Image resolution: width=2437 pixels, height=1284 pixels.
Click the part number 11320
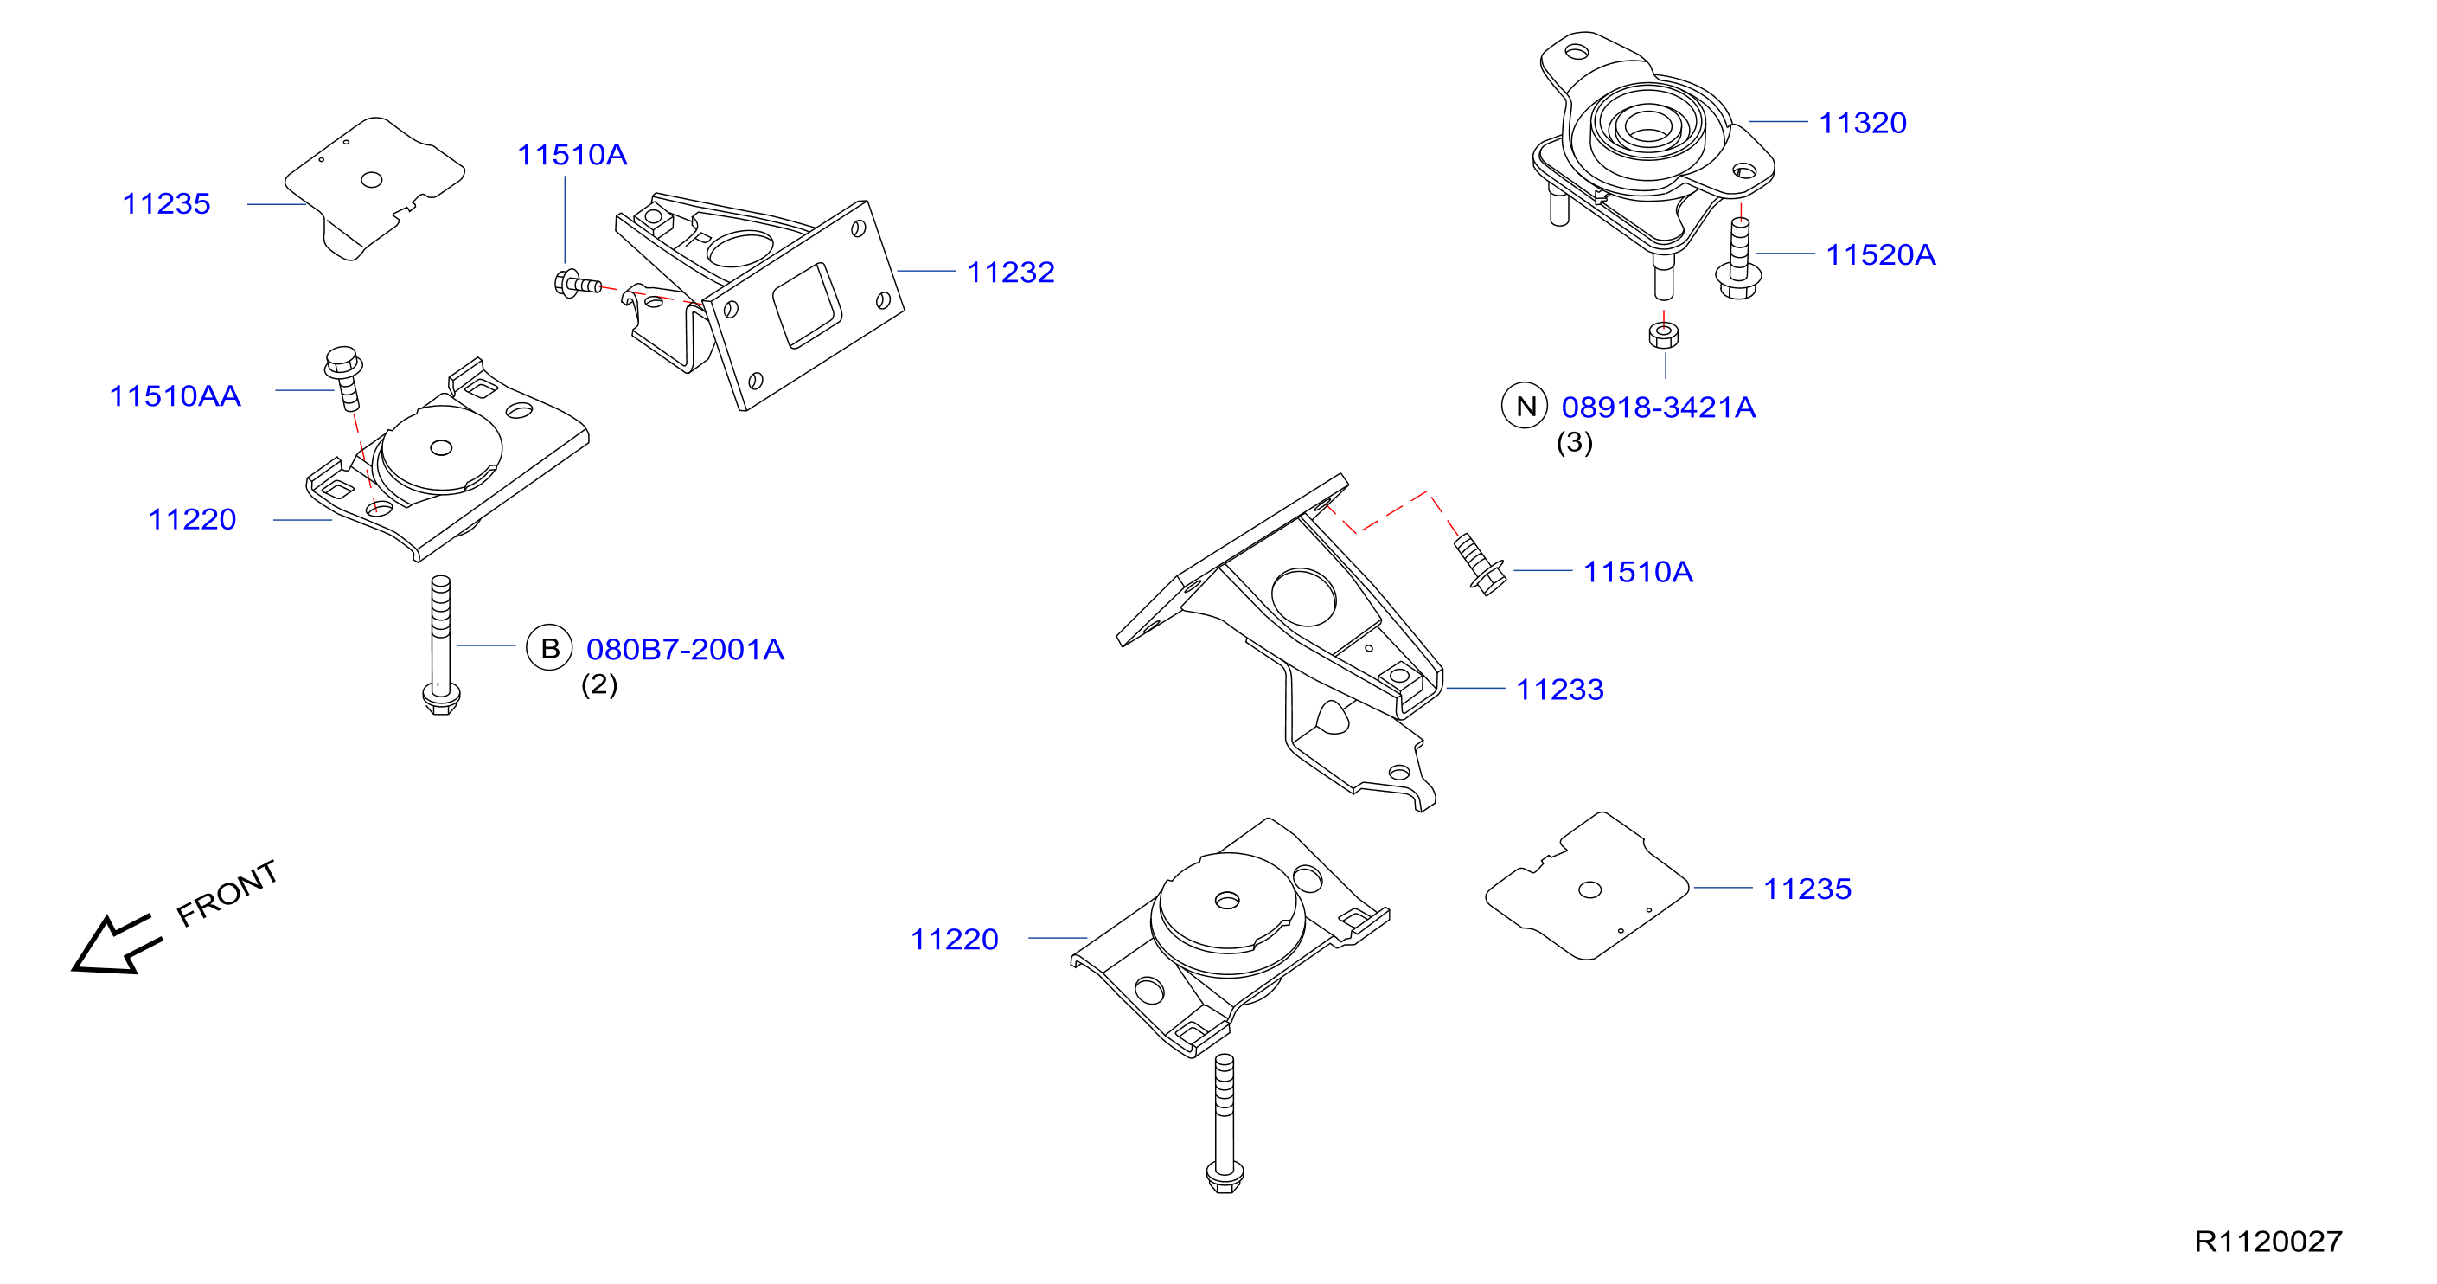point(1862,123)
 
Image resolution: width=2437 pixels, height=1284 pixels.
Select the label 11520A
point(1880,254)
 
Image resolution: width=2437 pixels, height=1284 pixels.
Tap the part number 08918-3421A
point(1658,407)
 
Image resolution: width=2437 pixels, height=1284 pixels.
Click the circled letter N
point(1525,406)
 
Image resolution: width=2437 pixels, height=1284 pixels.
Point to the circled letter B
point(550,648)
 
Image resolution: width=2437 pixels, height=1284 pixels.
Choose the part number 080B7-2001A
point(685,649)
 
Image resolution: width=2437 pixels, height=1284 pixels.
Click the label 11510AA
point(175,395)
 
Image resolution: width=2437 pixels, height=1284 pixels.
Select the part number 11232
point(1010,273)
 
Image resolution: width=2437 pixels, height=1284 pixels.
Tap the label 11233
point(1560,689)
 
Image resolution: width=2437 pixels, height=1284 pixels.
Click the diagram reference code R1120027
point(2267,1242)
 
